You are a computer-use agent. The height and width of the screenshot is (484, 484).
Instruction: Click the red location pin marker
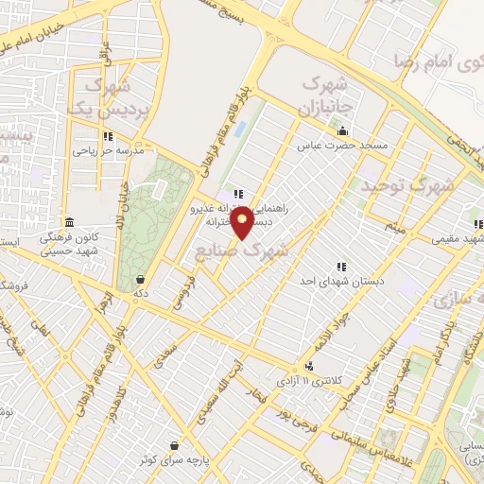[x=243, y=222]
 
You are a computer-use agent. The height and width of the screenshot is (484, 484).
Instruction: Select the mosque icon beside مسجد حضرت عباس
[x=341, y=131]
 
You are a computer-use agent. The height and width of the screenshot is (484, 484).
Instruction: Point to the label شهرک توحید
[x=407, y=186]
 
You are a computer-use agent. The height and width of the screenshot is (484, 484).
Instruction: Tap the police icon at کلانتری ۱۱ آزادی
[x=309, y=366]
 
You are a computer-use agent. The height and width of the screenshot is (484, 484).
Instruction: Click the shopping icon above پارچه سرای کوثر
[x=174, y=444]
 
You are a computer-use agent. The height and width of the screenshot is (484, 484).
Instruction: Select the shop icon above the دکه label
[x=141, y=280]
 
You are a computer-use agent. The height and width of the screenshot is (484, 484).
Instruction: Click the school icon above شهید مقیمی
[x=478, y=225]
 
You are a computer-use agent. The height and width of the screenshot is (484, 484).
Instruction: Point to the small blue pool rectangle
[x=239, y=128]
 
